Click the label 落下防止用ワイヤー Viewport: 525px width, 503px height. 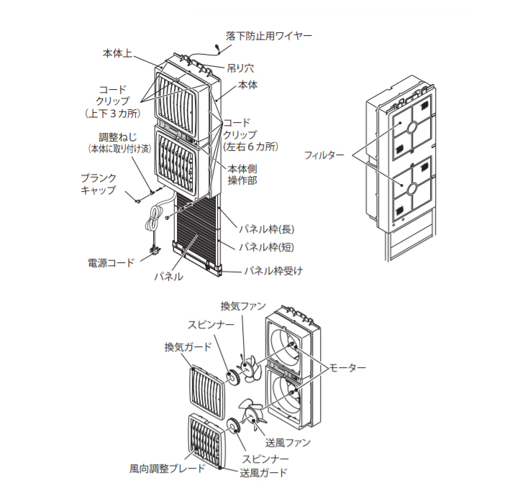coord(269,34)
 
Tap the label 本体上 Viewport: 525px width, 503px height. coord(118,53)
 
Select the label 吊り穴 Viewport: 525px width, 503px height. coord(240,69)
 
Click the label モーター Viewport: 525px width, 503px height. coord(347,367)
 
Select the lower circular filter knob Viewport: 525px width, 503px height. coord(412,188)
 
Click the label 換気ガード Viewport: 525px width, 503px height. coord(188,347)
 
